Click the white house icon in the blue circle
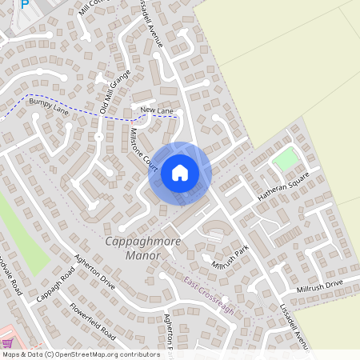click(180, 173)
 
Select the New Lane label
click(157, 110)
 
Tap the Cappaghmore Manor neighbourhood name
click(133, 248)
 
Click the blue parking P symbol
click(24, 3)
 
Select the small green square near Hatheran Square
click(284, 159)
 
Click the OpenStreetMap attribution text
click(80, 354)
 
